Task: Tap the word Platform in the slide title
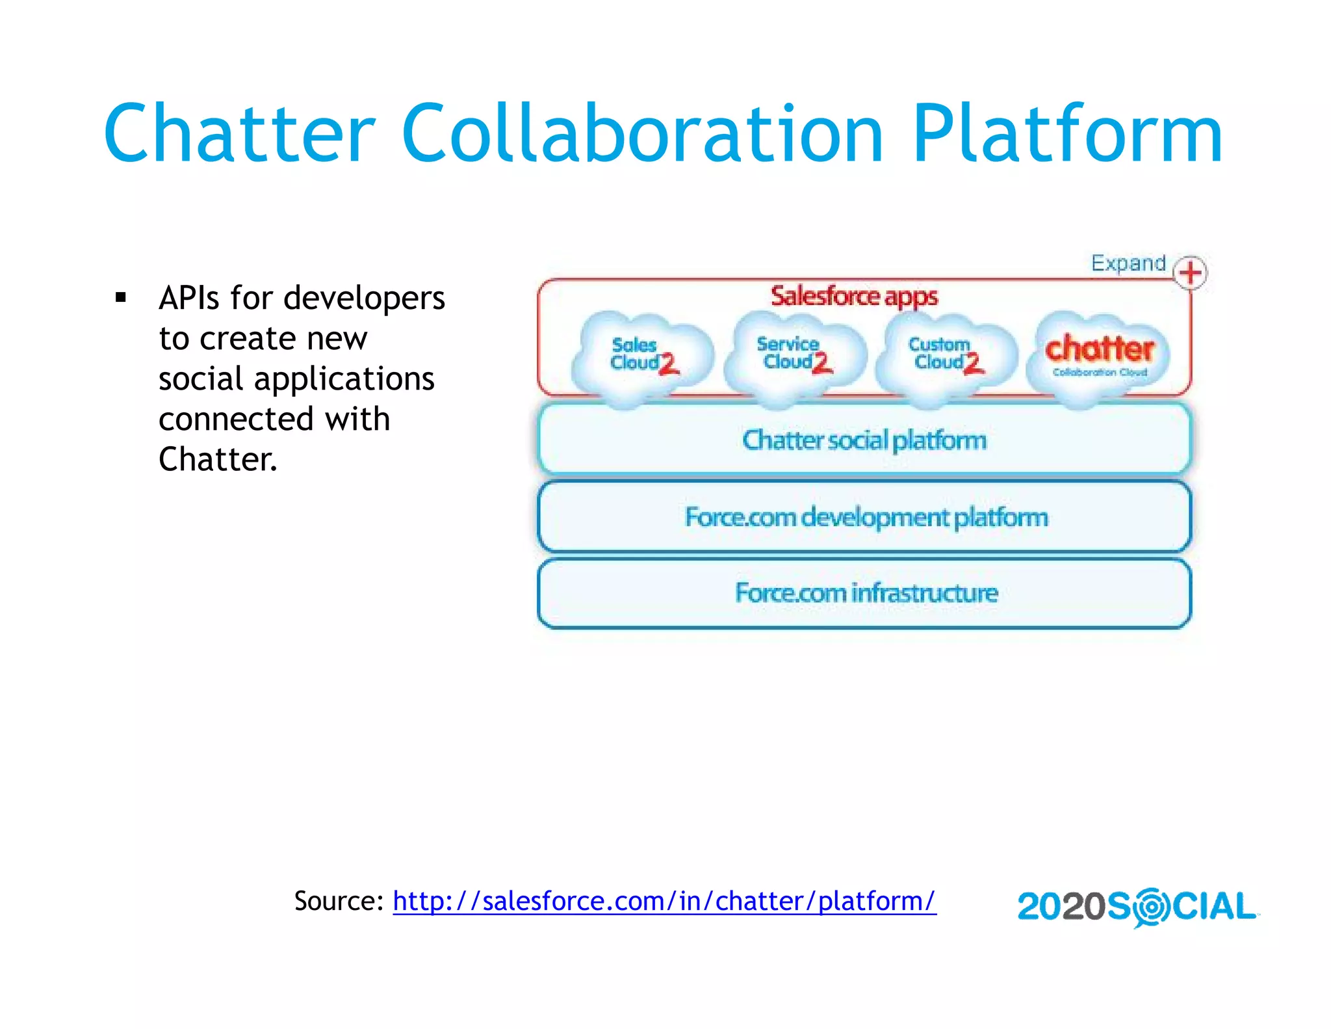(x=1067, y=134)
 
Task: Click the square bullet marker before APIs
(x=120, y=299)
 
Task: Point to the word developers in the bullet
(x=364, y=299)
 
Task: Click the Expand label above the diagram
(x=1128, y=263)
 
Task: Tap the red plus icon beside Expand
(x=1191, y=273)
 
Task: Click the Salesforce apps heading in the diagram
(x=854, y=297)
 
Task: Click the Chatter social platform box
(x=864, y=440)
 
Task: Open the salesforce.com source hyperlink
(x=664, y=902)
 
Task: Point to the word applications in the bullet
(x=344, y=379)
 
